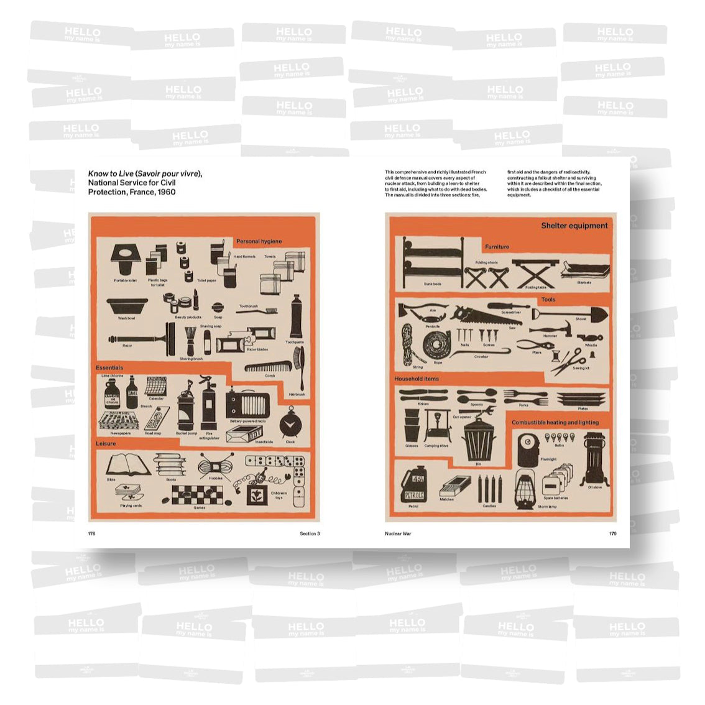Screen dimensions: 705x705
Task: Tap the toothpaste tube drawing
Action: (296, 316)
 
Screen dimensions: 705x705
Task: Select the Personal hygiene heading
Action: (259, 241)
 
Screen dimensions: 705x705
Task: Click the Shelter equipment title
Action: (574, 226)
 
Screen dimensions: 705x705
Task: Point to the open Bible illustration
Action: (129, 464)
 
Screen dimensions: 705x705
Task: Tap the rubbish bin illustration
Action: (478, 438)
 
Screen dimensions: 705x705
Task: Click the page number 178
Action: (91, 533)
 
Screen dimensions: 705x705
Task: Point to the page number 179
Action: (612, 533)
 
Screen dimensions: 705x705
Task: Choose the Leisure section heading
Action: (106, 444)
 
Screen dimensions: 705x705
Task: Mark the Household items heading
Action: (417, 379)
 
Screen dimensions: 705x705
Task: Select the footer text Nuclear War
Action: (398, 533)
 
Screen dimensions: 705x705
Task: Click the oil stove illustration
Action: (593, 459)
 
